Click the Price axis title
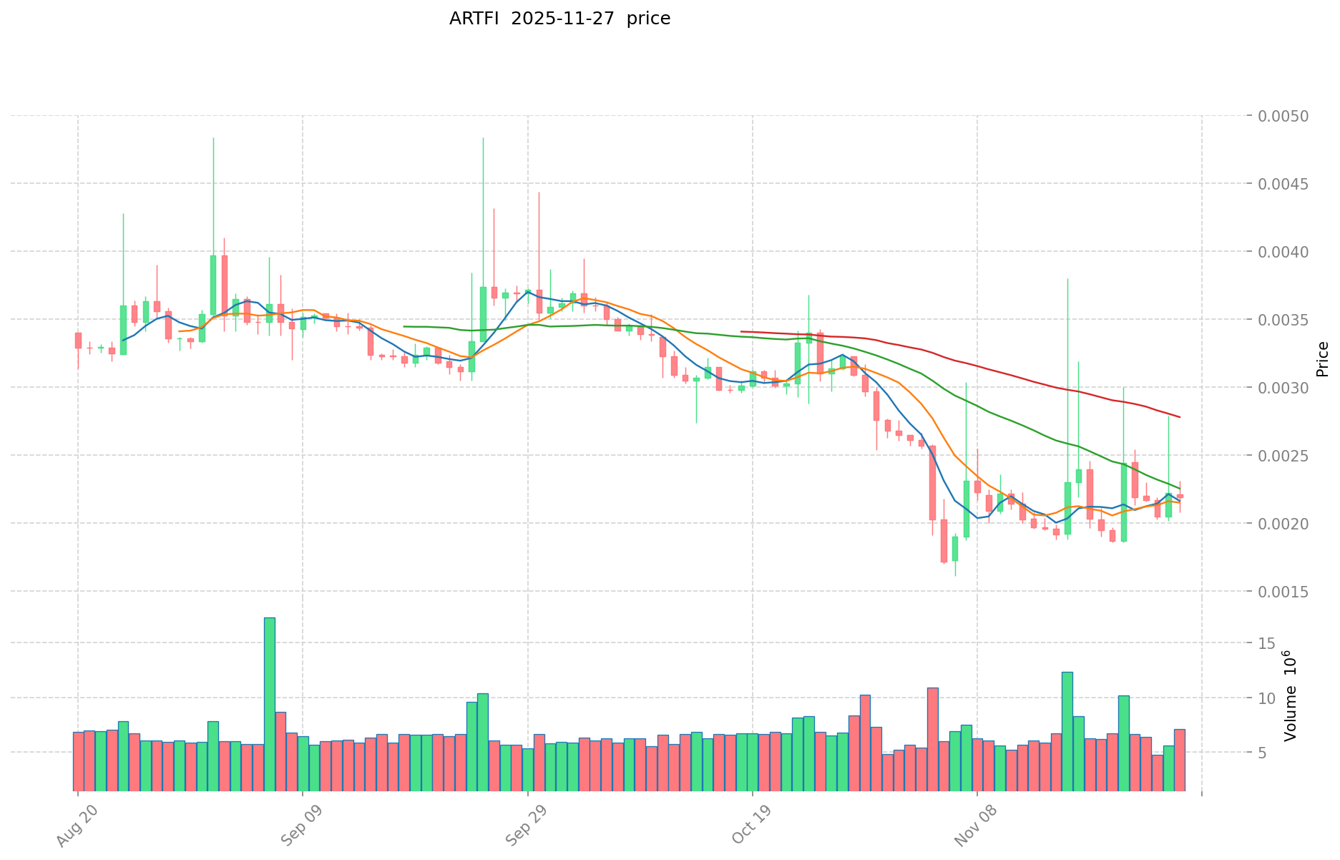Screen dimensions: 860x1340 (x=1322, y=359)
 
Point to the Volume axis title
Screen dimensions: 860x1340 (x=1291, y=695)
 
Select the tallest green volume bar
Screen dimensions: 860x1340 (x=269, y=704)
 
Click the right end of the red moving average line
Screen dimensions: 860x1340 (x=1179, y=417)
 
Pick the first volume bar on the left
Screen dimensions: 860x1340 (x=78, y=761)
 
